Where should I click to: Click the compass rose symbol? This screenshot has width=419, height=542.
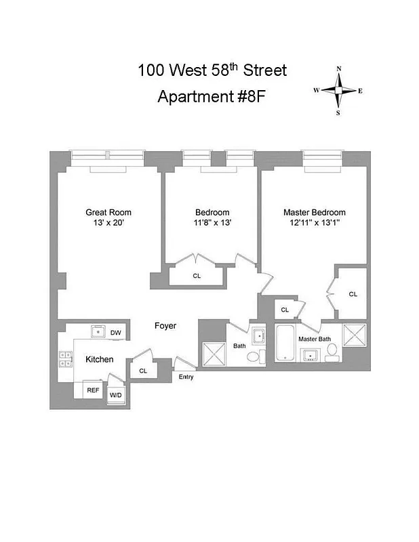coord(338,90)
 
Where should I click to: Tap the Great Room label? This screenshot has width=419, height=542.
coord(108,212)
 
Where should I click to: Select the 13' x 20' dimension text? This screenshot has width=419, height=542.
coord(108,223)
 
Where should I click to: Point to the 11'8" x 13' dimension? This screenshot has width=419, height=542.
coord(212,223)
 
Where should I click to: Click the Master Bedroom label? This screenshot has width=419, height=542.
coord(314,212)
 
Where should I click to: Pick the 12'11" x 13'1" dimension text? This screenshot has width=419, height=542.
coord(314,223)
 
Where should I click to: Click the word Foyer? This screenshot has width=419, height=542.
coord(165,326)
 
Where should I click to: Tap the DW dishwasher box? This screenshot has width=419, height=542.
coord(116,332)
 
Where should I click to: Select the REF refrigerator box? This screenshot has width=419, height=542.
coord(92,391)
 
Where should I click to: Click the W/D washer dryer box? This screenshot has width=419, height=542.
coord(116,395)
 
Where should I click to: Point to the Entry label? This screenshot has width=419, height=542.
coord(186,377)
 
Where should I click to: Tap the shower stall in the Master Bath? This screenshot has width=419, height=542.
coord(355,337)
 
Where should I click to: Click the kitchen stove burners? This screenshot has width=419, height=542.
coord(66,358)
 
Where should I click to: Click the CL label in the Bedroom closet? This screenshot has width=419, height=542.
coord(197,276)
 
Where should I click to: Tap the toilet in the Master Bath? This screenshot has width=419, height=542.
coord(332,350)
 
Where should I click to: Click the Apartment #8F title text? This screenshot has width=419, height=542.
coord(212,96)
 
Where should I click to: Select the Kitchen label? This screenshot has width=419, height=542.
coord(99,359)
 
